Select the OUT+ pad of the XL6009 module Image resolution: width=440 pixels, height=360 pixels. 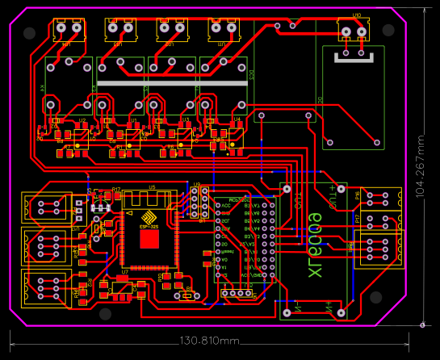point(340,191)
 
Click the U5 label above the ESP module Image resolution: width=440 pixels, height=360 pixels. point(151,187)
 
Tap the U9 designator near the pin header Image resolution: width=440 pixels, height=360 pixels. point(196,185)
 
